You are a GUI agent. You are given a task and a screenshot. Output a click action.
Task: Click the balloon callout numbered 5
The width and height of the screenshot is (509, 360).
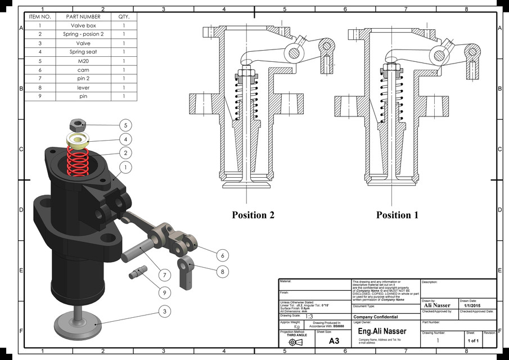tap(125, 125)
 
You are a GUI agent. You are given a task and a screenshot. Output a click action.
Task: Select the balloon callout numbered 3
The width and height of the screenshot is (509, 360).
tap(164, 310)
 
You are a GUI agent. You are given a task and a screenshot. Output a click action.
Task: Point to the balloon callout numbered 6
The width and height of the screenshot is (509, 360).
tap(223, 255)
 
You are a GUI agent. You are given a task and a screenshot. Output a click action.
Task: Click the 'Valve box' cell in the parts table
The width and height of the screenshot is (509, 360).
tap(83, 26)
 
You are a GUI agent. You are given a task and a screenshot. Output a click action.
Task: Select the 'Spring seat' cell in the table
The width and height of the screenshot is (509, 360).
tap(83, 52)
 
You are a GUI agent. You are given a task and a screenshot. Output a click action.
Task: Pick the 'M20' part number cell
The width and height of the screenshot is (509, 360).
tap(83, 61)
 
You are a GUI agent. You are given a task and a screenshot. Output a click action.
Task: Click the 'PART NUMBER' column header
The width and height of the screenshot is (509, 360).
tap(83, 17)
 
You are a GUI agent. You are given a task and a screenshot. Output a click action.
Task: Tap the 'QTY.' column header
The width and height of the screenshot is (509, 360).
tap(124, 17)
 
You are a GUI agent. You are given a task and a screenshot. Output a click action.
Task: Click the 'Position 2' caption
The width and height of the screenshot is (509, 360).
tap(253, 215)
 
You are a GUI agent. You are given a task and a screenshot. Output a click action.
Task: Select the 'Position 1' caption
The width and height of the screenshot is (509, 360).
tap(398, 215)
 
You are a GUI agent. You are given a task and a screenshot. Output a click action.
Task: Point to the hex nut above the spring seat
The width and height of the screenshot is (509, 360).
tap(76, 125)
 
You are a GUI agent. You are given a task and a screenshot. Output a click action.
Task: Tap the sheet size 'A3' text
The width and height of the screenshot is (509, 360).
tap(334, 340)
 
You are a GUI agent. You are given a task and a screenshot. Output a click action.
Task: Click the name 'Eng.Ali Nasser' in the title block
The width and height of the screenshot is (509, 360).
tap(382, 331)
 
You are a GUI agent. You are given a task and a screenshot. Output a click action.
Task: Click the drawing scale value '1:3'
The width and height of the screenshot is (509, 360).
tap(309, 317)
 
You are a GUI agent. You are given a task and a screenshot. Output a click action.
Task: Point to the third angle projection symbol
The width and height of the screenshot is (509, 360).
tap(296, 342)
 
